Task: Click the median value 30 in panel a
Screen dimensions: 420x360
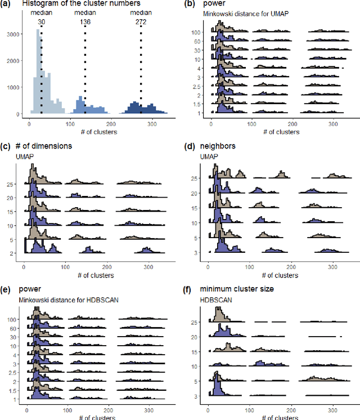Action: [x=41, y=21]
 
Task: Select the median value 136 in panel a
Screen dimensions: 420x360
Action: [x=85, y=21]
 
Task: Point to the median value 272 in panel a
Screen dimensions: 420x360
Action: [x=141, y=21]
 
